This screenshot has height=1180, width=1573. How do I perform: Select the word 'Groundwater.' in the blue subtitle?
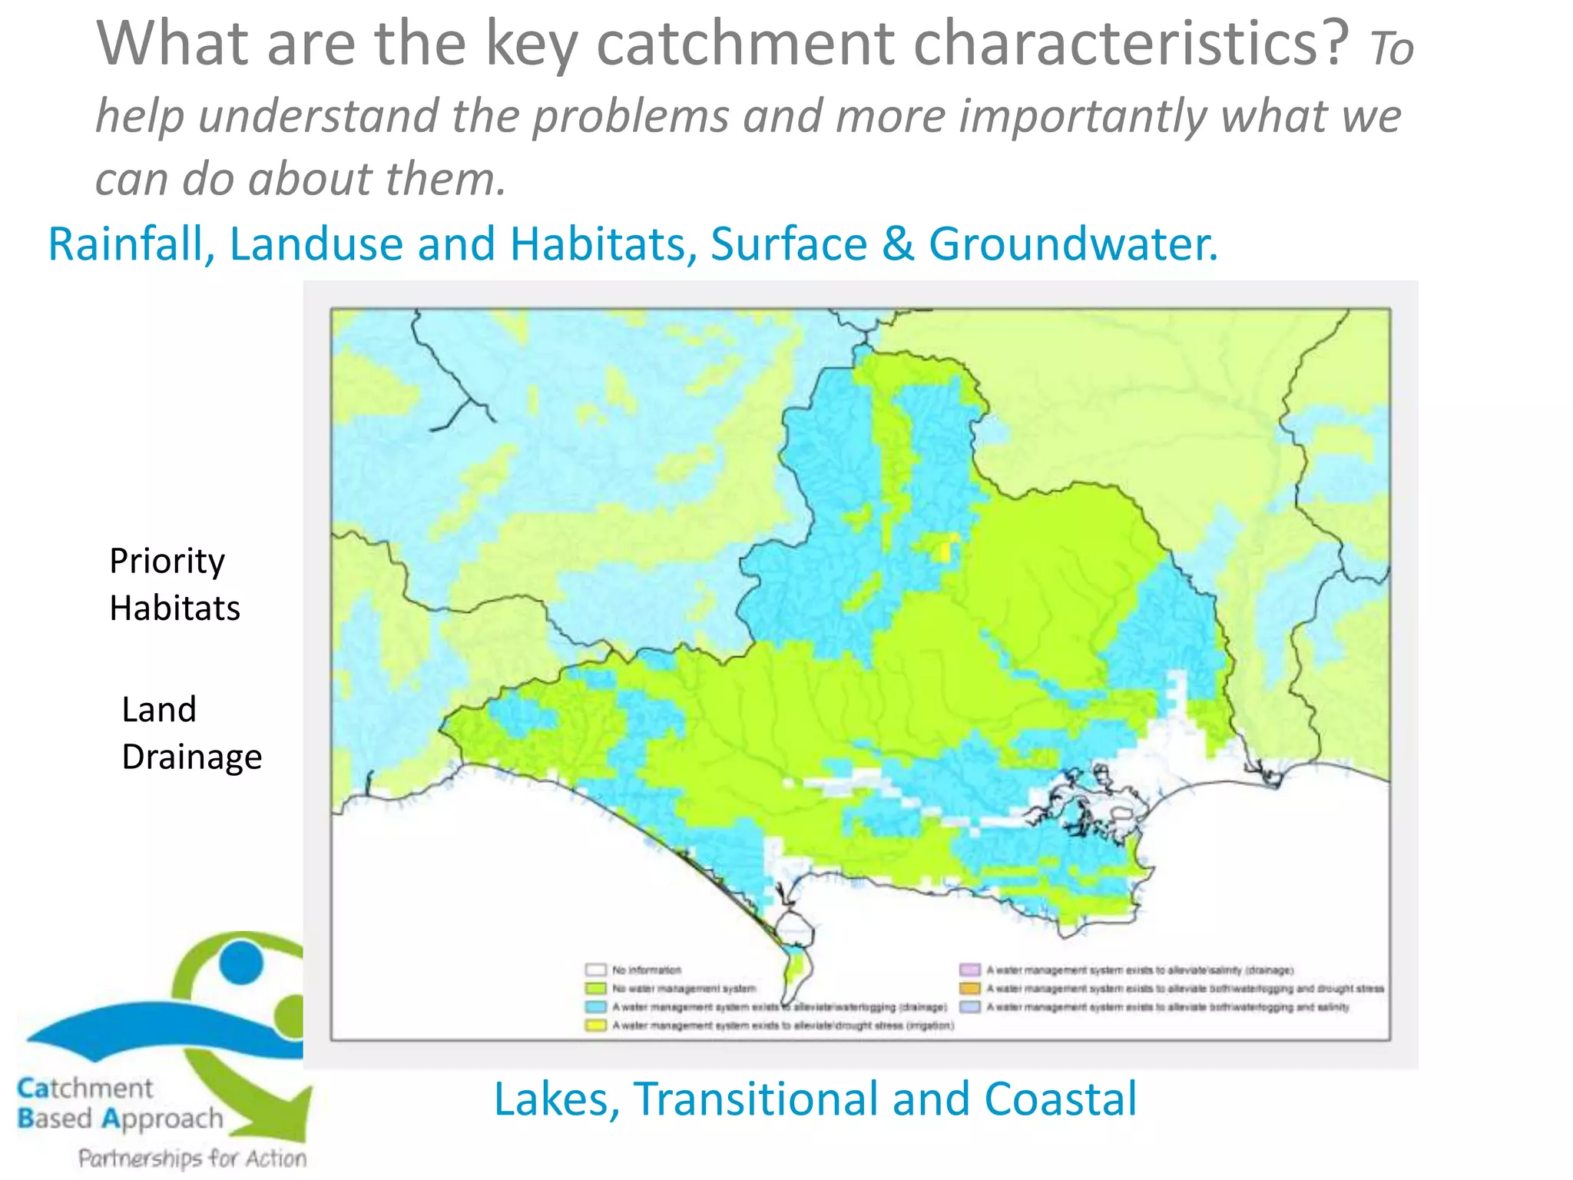(1073, 244)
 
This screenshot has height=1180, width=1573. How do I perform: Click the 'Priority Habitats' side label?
(174, 585)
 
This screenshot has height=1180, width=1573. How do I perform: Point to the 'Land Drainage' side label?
(191, 733)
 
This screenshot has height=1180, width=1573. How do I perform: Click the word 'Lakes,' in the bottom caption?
(556, 1099)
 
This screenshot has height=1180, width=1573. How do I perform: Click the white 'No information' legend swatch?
(596, 970)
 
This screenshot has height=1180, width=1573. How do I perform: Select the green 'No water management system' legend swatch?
(596, 989)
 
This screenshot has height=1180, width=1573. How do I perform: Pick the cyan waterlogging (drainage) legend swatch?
(596, 1007)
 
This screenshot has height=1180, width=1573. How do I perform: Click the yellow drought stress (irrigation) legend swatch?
(596, 1026)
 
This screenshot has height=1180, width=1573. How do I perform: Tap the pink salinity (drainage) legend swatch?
(970, 970)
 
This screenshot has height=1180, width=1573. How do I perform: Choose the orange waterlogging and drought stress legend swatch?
(970, 989)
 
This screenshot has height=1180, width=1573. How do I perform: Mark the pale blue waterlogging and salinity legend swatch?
(970, 1007)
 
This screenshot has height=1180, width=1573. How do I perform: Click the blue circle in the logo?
(240, 962)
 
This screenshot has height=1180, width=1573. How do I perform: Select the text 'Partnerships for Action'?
(192, 1158)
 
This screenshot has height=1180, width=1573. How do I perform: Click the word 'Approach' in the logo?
(162, 1119)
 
